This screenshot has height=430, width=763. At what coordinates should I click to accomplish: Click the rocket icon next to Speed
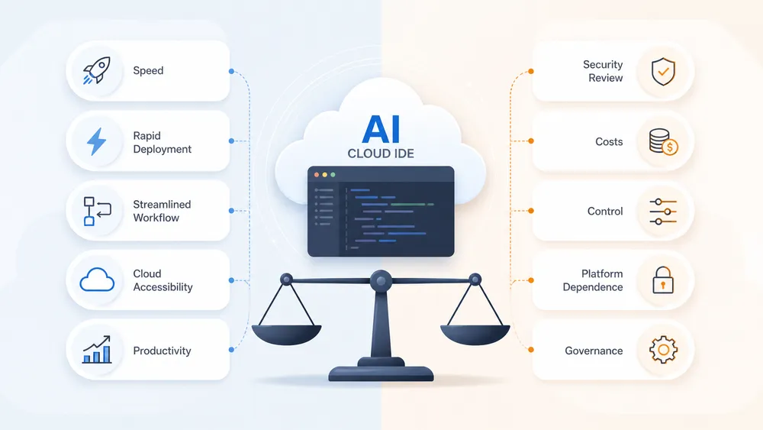[x=97, y=70]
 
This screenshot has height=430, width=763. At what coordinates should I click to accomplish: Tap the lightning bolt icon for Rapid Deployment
[x=96, y=141]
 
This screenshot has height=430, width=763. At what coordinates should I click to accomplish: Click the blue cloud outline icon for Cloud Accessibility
[x=97, y=280]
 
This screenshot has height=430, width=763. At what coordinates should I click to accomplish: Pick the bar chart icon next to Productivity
[x=97, y=349]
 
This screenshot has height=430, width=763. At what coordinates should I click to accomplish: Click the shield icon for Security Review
[x=663, y=71]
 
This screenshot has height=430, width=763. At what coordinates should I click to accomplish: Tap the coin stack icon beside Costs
[x=663, y=141]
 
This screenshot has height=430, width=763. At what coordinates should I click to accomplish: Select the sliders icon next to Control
[x=663, y=212]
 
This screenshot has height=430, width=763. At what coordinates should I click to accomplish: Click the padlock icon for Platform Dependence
[x=663, y=280]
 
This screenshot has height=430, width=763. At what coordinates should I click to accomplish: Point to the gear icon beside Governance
[x=663, y=350]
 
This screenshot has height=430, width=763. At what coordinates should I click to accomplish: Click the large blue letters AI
[x=381, y=129]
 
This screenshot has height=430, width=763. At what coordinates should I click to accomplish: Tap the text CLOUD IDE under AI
[x=381, y=154]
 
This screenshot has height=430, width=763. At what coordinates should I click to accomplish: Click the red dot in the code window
[x=317, y=174]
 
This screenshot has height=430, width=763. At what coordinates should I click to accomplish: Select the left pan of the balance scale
[x=286, y=335]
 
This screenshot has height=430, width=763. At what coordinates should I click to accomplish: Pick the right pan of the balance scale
[x=475, y=335]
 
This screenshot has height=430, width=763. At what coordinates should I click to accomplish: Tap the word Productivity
[x=162, y=351]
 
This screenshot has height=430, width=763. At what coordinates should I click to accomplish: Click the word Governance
[x=594, y=351]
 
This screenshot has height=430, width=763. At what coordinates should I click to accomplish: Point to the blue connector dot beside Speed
[x=231, y=71]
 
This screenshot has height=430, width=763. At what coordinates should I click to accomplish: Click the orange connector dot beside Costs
[x=531, y=141]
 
